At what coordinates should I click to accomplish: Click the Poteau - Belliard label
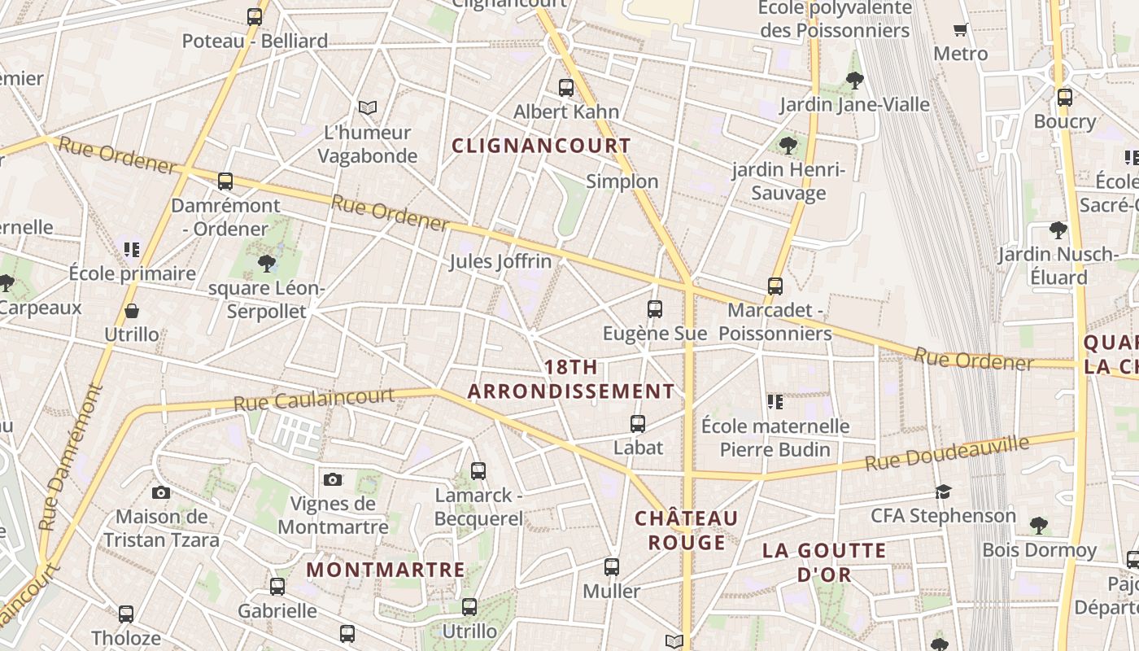click(255, 41)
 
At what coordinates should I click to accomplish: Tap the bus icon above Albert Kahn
click(565, 87)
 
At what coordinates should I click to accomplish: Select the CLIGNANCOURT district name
click(541, 146)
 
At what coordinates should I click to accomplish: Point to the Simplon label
click(622, 181)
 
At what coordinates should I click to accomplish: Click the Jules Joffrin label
click(500, 261)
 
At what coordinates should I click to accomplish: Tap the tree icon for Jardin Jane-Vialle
click(854, 80)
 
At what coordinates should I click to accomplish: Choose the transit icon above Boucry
click(1065, 98)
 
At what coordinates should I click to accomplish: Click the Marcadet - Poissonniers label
click(775, 321)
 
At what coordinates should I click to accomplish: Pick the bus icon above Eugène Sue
click(654, 309)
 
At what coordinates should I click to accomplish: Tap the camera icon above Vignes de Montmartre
click(332, 479)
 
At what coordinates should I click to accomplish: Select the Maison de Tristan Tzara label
click(161, 528)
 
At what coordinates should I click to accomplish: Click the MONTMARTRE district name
click(386, 570)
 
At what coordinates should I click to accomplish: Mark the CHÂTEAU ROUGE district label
click(686, 530)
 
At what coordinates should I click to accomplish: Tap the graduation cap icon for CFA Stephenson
click(943, 492)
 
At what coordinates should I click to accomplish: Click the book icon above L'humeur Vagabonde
click(368, 107)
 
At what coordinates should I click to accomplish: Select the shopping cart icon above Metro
click(960, 30)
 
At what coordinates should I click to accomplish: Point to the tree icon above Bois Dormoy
click(1038, 525)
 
